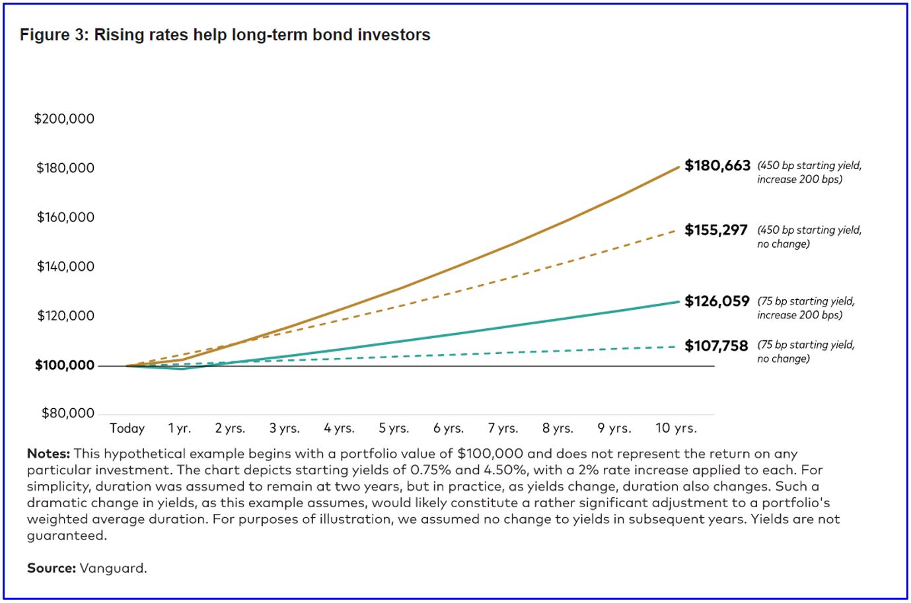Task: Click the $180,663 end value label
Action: coord(717,166)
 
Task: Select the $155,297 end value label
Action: coord(716,230)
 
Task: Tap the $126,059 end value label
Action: coord(717,301)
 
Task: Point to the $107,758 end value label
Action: coord(716,345)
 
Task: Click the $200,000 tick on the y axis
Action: coord(64,119)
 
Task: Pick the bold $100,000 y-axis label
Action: coord(64,365)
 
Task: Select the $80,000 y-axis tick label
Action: coord(67,413)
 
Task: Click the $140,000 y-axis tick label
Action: coord(65,267)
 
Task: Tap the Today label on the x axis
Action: coord(127,429)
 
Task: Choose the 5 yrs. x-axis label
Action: coord(394,429)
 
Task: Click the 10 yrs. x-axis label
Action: coord(676,429)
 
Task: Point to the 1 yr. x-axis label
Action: coord(179,429)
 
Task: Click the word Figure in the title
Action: coord(44,35)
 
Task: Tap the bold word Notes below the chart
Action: coord(48,454)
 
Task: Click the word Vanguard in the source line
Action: coord(113,568)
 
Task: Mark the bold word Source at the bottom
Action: coord(52,568)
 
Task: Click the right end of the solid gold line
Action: coord(678,167)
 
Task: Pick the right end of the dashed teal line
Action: coord(675,346)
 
